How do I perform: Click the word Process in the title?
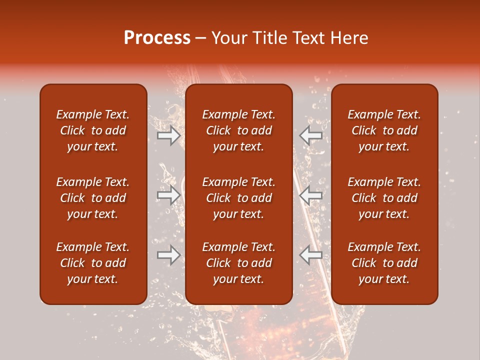point(157,38)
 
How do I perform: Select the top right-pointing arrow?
point(168,135)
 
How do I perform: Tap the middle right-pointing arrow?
point(168,195)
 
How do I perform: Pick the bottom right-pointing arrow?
point(168,255)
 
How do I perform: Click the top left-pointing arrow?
point(311,135)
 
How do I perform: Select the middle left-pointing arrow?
point(311,195)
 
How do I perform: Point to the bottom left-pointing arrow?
point(311,255)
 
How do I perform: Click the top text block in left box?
point(93,130)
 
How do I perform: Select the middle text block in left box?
point(93,198)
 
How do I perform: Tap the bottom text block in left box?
point(93,263)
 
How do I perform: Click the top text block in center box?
point(238,130)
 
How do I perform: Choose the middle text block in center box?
point(238,198)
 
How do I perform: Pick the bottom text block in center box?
point(238,263)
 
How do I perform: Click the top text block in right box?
point(384,130)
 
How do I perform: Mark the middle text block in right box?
point(384,198)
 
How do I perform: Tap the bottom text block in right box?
point(384,263)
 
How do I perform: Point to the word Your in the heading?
point(228,38)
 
